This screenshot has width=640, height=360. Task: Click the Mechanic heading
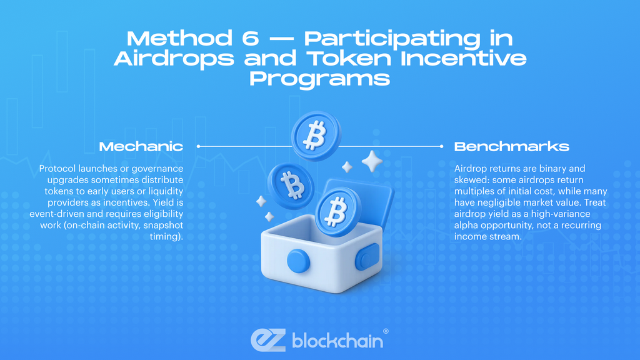[141, 147]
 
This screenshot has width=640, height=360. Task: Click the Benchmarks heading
[511, 147]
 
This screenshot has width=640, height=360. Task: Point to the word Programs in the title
[320, 79]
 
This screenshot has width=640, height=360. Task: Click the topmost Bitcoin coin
[315, 135]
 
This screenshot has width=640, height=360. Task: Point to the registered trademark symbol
[385, 331]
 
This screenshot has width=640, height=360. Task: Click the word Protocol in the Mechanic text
[57, 169]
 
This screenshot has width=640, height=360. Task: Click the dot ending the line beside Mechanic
[197, 146]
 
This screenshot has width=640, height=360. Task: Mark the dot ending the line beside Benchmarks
[442, 146]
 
